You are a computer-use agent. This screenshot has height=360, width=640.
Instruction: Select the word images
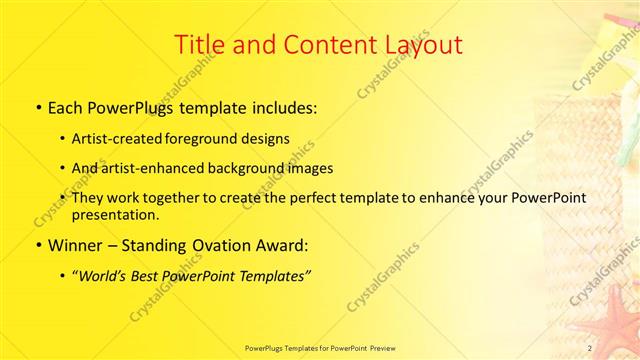[x=311, y=168]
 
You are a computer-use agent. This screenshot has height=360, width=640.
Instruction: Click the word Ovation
[x=223, y=244]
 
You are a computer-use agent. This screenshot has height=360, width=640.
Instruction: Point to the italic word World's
[x=105, y=275]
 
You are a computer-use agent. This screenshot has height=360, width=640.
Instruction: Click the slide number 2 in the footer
[x=590, y=347]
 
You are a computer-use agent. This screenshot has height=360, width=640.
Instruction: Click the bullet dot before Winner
[x=39, y=245]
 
